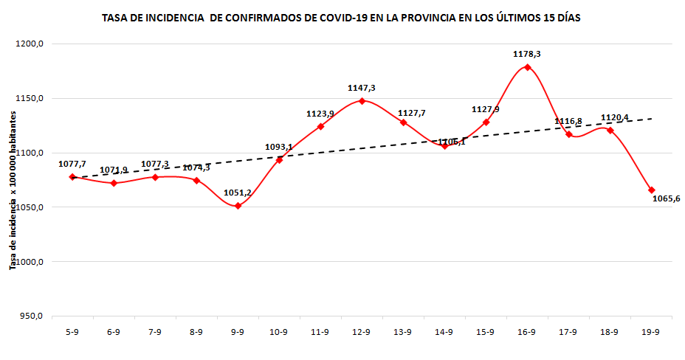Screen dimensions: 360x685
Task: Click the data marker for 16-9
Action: coord(527,67)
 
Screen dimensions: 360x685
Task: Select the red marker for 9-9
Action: coord(238,206)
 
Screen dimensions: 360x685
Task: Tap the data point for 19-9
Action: coord(651,190)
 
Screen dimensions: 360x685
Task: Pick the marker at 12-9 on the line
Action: coord(362,101)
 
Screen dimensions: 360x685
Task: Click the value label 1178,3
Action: coord(527,54)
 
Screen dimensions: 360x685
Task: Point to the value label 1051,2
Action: coord(238,193)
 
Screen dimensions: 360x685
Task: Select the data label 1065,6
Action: coord(667,199)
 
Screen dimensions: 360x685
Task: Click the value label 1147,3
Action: coord(362,88)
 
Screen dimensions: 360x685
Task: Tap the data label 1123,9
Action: coord(320,114)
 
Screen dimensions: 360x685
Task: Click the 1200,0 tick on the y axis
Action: coord(30,44)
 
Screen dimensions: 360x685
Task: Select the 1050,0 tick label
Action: coord(30,207)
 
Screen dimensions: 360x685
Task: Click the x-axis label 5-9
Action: coord(72,333)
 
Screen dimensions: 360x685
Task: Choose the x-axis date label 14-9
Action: coord(444,333)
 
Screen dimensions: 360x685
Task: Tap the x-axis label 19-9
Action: coord(651,333)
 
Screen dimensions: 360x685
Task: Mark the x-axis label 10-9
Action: coord(279,333)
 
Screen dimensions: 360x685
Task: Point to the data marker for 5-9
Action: coord(72,177)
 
